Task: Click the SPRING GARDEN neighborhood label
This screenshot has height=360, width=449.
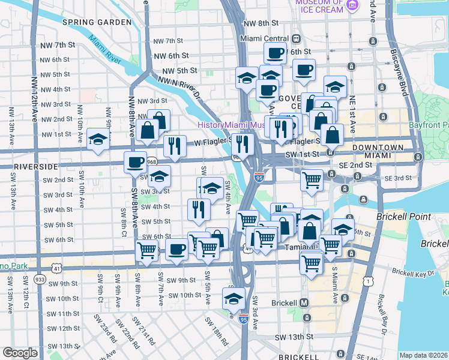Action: click(x=97, y=22)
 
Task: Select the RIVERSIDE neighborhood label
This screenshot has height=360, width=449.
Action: click(x=28, y=166)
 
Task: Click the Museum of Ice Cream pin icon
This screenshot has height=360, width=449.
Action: click(x=352, y=6)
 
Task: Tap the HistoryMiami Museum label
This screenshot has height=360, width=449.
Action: click(x=231, y=125)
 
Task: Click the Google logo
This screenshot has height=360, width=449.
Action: click(x=20, y=352)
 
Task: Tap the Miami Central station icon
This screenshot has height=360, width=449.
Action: click(x=296, y=38)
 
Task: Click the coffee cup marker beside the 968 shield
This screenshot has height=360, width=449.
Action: click(x=135, y=161)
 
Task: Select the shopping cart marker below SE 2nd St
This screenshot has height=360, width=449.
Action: click(x=312, y=179)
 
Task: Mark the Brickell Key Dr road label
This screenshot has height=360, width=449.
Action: click(x=414, y=272)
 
